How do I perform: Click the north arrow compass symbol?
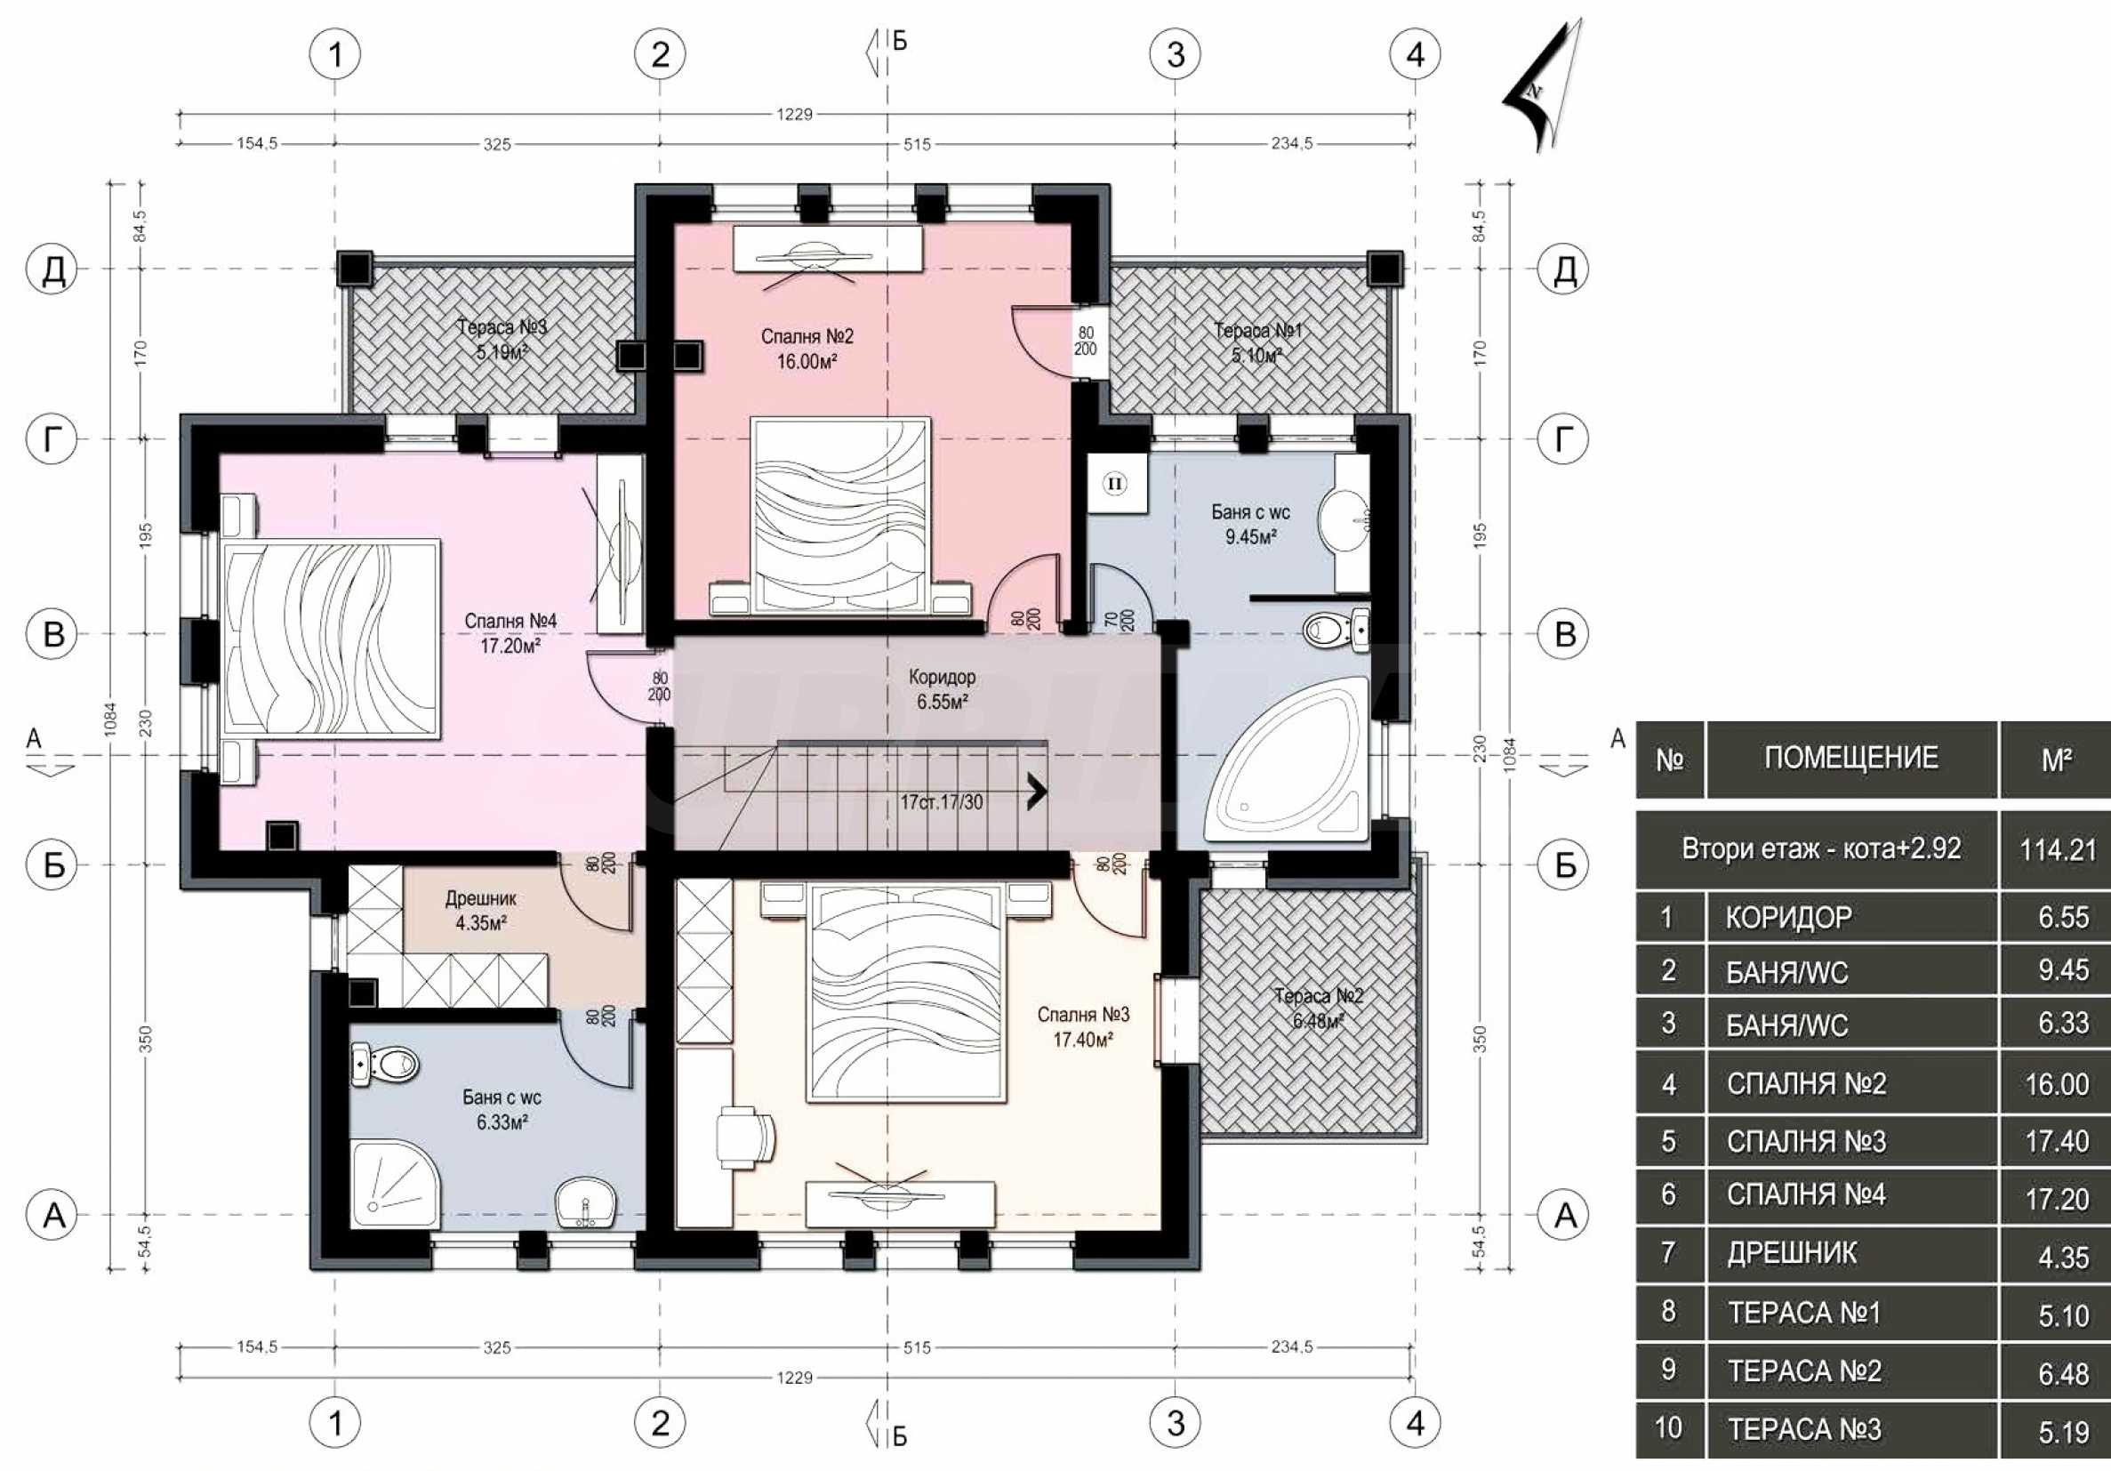(1543, 87)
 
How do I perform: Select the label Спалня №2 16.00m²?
(807, 350)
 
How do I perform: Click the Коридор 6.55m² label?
(943, 689)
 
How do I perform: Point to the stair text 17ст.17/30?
(942, 801)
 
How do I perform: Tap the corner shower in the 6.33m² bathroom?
(395, 1183)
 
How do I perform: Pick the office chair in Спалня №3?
(745, 1137)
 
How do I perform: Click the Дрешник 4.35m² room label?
(481, 910)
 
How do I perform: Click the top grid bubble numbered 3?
(1176, 54)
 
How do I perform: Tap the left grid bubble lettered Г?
(53, 439)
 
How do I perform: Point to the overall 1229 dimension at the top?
(794, 114)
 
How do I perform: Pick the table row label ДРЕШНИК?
(1792, 1253)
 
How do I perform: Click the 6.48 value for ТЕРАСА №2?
(2064, 1373)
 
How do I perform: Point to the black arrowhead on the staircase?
(1037, 791)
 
